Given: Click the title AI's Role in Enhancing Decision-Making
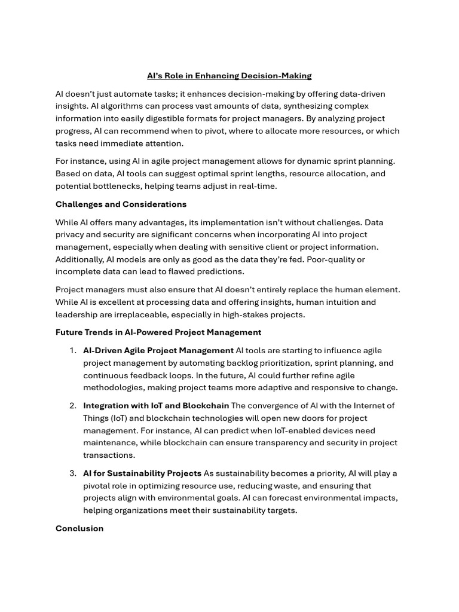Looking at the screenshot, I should coord(229,76).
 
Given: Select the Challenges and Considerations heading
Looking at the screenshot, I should coord(121,204).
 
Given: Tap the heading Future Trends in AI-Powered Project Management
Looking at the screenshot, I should coord(158,332).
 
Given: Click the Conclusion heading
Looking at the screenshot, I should coord(79,528).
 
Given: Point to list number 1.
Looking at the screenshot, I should coord(73,351).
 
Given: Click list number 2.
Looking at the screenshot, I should coord(73,406).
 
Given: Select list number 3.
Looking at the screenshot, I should coord(73,473).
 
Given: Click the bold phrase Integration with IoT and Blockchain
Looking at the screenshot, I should coord(156,406).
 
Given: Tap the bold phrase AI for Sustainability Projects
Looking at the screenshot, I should coord(142,473).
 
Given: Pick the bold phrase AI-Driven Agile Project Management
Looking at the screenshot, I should coord(158,351).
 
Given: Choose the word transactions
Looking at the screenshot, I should coord(109,455).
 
